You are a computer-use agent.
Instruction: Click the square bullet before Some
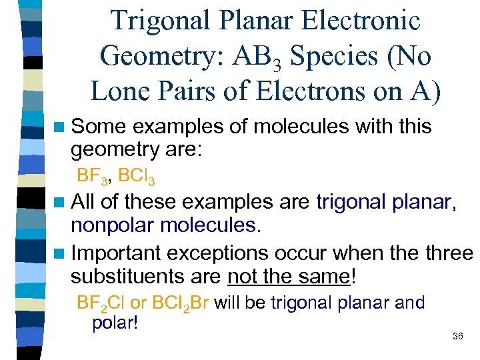[59, 127]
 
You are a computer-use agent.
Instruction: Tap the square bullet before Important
[59, 254]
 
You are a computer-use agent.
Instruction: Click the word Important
[116, 254]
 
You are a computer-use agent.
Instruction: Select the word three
[448, 254]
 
